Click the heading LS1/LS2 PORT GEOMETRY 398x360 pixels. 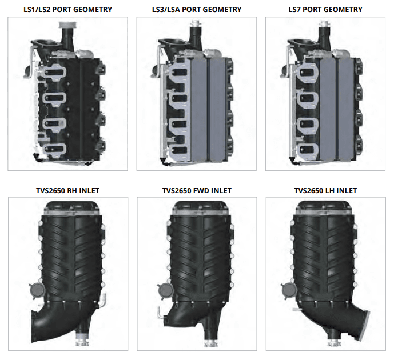click(x=67, y=10)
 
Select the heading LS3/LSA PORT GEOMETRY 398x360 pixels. click(x=197, y=10)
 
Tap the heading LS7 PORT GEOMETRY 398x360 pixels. click(x=326, y=10)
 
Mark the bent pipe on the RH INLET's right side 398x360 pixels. click(x=105, y=299)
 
